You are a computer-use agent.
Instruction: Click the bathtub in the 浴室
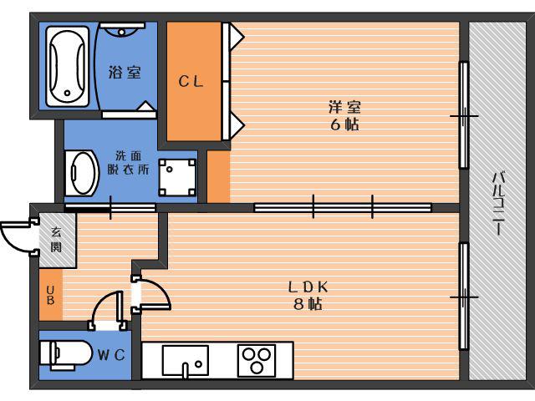[x=68, y=66]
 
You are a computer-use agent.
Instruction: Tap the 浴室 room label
[x=125, y=73]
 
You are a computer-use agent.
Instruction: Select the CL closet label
[x=191, y=82]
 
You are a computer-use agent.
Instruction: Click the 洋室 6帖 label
[x=344, y=116]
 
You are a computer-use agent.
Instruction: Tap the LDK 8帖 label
[x=308, y=295]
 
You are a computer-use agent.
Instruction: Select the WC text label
[x=111, y=355]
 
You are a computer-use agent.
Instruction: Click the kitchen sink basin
[x=186, y=360]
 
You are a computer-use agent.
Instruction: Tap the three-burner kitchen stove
[x=257, y=361]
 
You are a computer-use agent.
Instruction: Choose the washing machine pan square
[x=177, y=177]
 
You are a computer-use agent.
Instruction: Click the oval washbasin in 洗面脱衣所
[x=82, y=173]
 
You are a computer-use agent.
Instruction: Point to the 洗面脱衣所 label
[x=128, y=162]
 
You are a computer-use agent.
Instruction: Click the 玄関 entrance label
[x=56, y=240]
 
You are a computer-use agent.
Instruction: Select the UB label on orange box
[x=50, y=295]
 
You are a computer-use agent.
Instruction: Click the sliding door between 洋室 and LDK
[x=343, y=207]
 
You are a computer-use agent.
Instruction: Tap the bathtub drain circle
[x=67, y=93]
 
